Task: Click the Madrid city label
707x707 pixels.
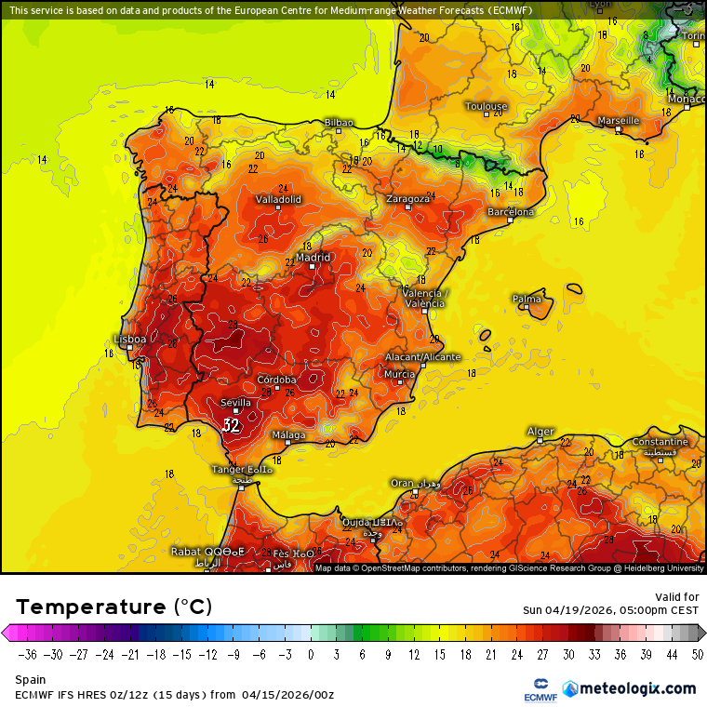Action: click(x=313, y=258)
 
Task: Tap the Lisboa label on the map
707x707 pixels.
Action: click(x=129, y=340)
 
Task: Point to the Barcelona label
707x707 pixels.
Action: click(x=511, y=212)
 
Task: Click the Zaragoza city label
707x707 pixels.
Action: click(x=407, y=198)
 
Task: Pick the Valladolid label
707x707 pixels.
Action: click(x=278, y=199)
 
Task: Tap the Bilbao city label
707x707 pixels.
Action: click(x=339, y=122)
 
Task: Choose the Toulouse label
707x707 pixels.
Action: click(x=486, y=106)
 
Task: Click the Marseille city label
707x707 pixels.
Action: click(x=618, y=120)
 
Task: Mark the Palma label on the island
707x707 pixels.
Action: click(x=527, y=299)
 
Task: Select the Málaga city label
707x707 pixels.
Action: click(x=288, y=435)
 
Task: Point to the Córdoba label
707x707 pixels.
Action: click(x=276, y=380)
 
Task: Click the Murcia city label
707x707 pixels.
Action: click(x=399, y=373)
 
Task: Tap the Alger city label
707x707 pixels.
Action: click(x=540, y=432)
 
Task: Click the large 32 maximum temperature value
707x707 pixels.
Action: click(x=231, y=425)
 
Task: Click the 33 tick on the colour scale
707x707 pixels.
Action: click(x=594, y=655)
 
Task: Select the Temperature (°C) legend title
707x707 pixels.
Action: click(x=113, y=607)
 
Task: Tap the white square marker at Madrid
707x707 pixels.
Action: click(x=313, y=267)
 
